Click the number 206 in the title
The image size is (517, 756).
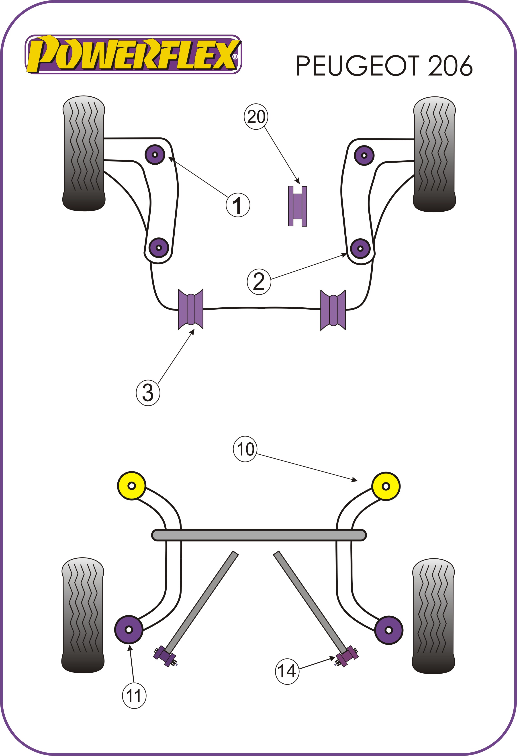point(450,66)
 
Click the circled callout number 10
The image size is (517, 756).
point(245,450)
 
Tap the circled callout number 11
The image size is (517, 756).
point(134,696)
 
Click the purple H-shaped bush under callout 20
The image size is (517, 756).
point(297,206)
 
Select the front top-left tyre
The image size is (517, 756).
point(84,153)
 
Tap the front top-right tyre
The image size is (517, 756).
point(434,154)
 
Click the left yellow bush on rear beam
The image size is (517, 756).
point(131,486)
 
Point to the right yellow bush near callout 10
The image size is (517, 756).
point(386,486)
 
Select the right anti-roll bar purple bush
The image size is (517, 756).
point(333,310)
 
